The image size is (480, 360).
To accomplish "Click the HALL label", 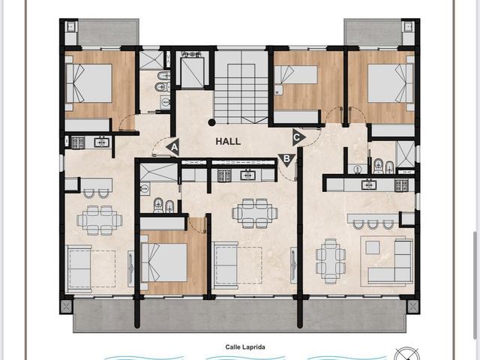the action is [x=228, y=142].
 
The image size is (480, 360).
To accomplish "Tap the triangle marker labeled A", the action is [x=173, y=148].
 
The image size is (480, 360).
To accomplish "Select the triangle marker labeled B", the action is [x=286, y=160].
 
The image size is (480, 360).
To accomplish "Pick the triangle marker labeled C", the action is [x=298, y=137].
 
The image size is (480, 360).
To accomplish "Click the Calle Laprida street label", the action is [x=245, y=347].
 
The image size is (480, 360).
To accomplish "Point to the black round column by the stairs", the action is [x=211, y=122].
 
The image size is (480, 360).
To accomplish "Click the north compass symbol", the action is [x=406, y=354].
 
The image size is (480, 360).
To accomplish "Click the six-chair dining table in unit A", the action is [x=100, y=220].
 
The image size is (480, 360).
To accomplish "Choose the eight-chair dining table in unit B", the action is [x=255, y=213].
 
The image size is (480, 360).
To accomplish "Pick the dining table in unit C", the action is [x=331, y=261].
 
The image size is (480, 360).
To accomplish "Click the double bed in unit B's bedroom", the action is [x=164, y=262].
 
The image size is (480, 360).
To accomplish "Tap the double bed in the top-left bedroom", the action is [x=88, y=83].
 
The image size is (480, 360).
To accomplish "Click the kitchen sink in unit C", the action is [x=368, y=184].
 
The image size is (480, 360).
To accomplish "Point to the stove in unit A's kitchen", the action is [x=78, y=142].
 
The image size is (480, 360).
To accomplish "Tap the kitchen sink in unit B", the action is [x=247, y=175].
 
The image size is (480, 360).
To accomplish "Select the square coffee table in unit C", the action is [x=373, y=247].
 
